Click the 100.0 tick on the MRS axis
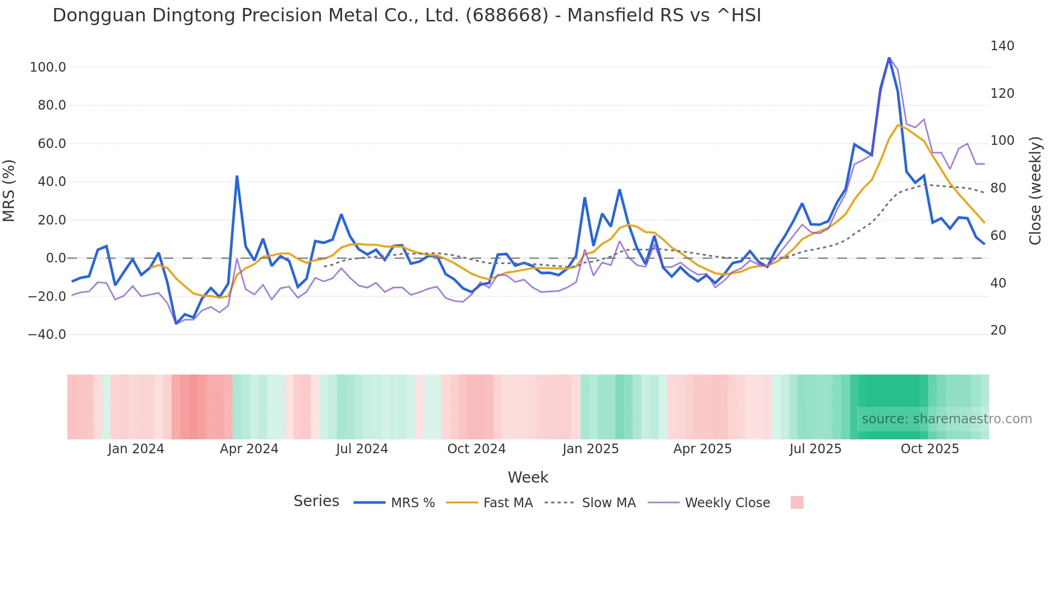pyautogui.click(x=48, y=67)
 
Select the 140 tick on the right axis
pyautogui.click(x=1002, y=46)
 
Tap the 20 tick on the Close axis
pyautogui.click(x=998, y=330)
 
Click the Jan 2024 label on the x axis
pyautogui.click(x=136, y=449)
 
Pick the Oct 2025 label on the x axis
pyautogui.click(x=930, y=449)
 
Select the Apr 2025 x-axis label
pyautogui.click(x=702, y=449)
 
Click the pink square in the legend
pyautogui.click(x=797, y=502)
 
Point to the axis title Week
pyautogui.click(x=528, y=477)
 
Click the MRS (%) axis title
pyautogui.click(x=9, y=190)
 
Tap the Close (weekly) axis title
pyautogui.click(x=1035, y=191)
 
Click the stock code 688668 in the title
pyautogui.click(x=507, y=15)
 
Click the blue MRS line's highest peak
pyautogui.click(x=889, y=58)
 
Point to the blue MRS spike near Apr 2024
pyautogui.click(x=237, y=176)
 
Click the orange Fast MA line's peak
pyautogui.click(x=898, y=125)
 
